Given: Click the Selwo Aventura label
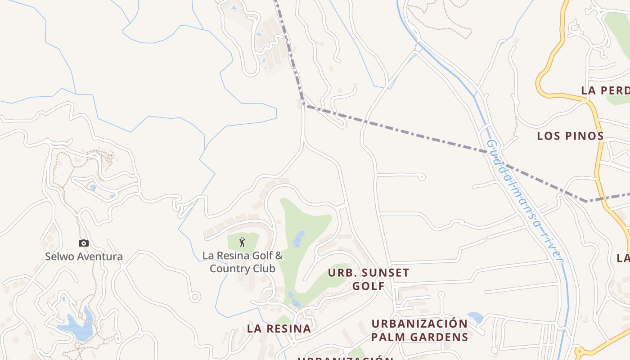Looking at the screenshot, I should [84, 257].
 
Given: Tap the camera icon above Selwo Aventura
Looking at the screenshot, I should [84, 243].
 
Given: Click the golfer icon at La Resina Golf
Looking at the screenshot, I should [242, 242].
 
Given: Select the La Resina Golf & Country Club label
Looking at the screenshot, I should [243, 262].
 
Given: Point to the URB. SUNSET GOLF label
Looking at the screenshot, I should [369, 279].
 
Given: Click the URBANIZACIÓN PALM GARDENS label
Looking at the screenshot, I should [419, 330].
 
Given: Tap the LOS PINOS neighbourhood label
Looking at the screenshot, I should [570, 136].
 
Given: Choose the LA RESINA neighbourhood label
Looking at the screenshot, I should [279, 328].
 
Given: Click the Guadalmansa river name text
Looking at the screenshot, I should [525, 200].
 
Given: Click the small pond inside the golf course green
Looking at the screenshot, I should [299, 239].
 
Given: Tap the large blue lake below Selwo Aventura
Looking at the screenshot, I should [77, 328].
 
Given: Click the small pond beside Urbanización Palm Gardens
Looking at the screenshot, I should [475, 317].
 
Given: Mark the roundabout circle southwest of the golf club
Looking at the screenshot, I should [195, 297].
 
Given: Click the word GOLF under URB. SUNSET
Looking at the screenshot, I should [369, 286].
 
